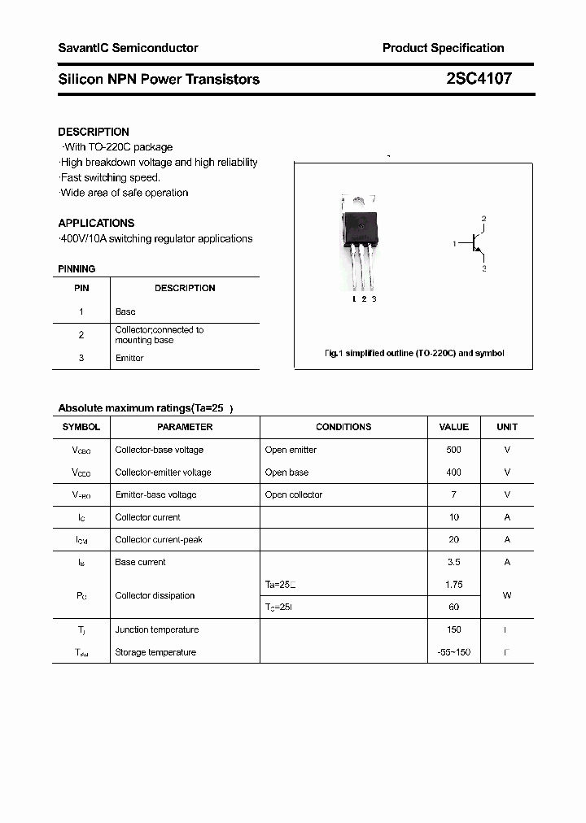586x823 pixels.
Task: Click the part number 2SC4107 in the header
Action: (x=479, y=79)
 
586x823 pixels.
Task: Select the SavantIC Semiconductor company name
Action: (x=128, y=48)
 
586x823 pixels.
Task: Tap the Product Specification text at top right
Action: (x=443, y=48)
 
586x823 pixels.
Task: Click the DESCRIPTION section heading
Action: (x=94, y=132)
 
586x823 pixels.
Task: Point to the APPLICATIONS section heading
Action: (x=96, y=223)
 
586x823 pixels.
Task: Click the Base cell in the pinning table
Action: (x=125, y=311)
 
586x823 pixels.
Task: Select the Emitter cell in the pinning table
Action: (x=129, y=358)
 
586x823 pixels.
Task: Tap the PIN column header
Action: (x=81, y=288)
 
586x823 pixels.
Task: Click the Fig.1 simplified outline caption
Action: (x=414, y=353)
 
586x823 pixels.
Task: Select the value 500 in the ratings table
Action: (x=453, y=450)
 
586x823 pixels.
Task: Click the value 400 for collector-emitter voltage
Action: (x=453, y=472)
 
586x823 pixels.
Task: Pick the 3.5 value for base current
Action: (x=453, y=562)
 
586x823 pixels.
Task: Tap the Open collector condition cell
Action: (x=294, y=494)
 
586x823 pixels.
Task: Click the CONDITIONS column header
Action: (x=343, y=427)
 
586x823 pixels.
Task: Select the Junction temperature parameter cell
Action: (x=156, y=629)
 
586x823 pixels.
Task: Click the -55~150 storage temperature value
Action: (x=453, y=652)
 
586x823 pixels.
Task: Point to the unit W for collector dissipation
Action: (x=506, y=595)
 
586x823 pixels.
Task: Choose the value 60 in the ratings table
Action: (x=453, y=607)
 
